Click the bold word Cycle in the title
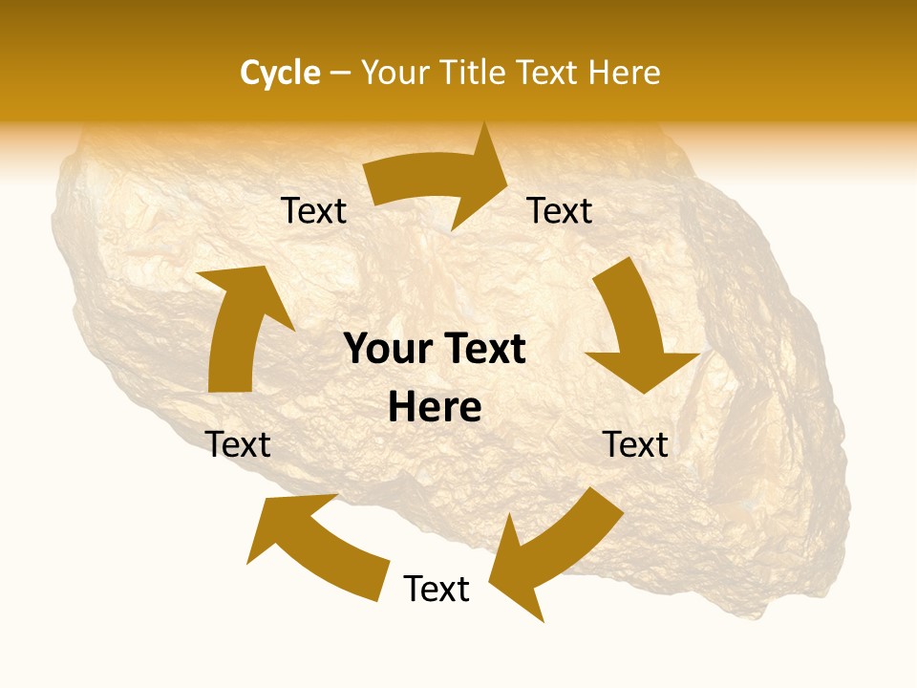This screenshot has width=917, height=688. (x=280, y=73)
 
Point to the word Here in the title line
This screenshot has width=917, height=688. (x=621, y=73)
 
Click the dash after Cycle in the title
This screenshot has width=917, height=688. (x=341, y=74)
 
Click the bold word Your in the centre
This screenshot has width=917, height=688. (x=386, y=350)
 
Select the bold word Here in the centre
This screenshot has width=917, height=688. (x=435, y=408)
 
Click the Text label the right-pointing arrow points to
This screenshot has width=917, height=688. (x=560, y=211)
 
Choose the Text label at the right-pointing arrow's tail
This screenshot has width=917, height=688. (x=313, y=211)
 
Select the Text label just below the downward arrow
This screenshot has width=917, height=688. (x=635, y=444)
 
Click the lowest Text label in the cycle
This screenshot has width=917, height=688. (x=437, y=590)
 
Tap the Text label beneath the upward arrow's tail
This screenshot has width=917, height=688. (x=238, y=444)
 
